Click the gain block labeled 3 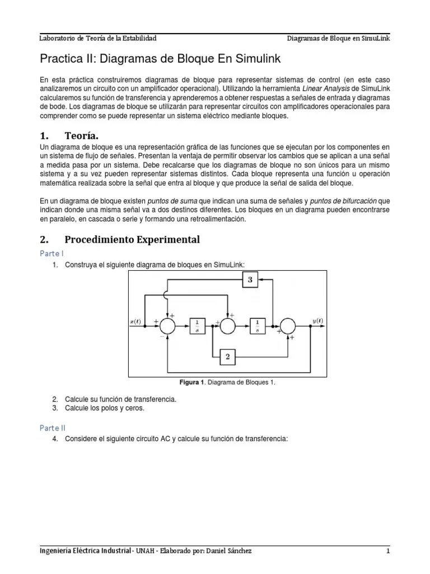point(250,280)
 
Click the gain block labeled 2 point(227,355)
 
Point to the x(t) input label point(136,321)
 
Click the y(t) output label point(317,321)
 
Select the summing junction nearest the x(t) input point(167,325)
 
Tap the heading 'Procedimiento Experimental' point(132,239)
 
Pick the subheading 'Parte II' point(53,427)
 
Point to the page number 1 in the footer point(387,551)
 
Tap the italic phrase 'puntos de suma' point(171,201)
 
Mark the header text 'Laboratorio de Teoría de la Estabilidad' point(97,38)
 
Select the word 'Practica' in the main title point(58,59)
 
